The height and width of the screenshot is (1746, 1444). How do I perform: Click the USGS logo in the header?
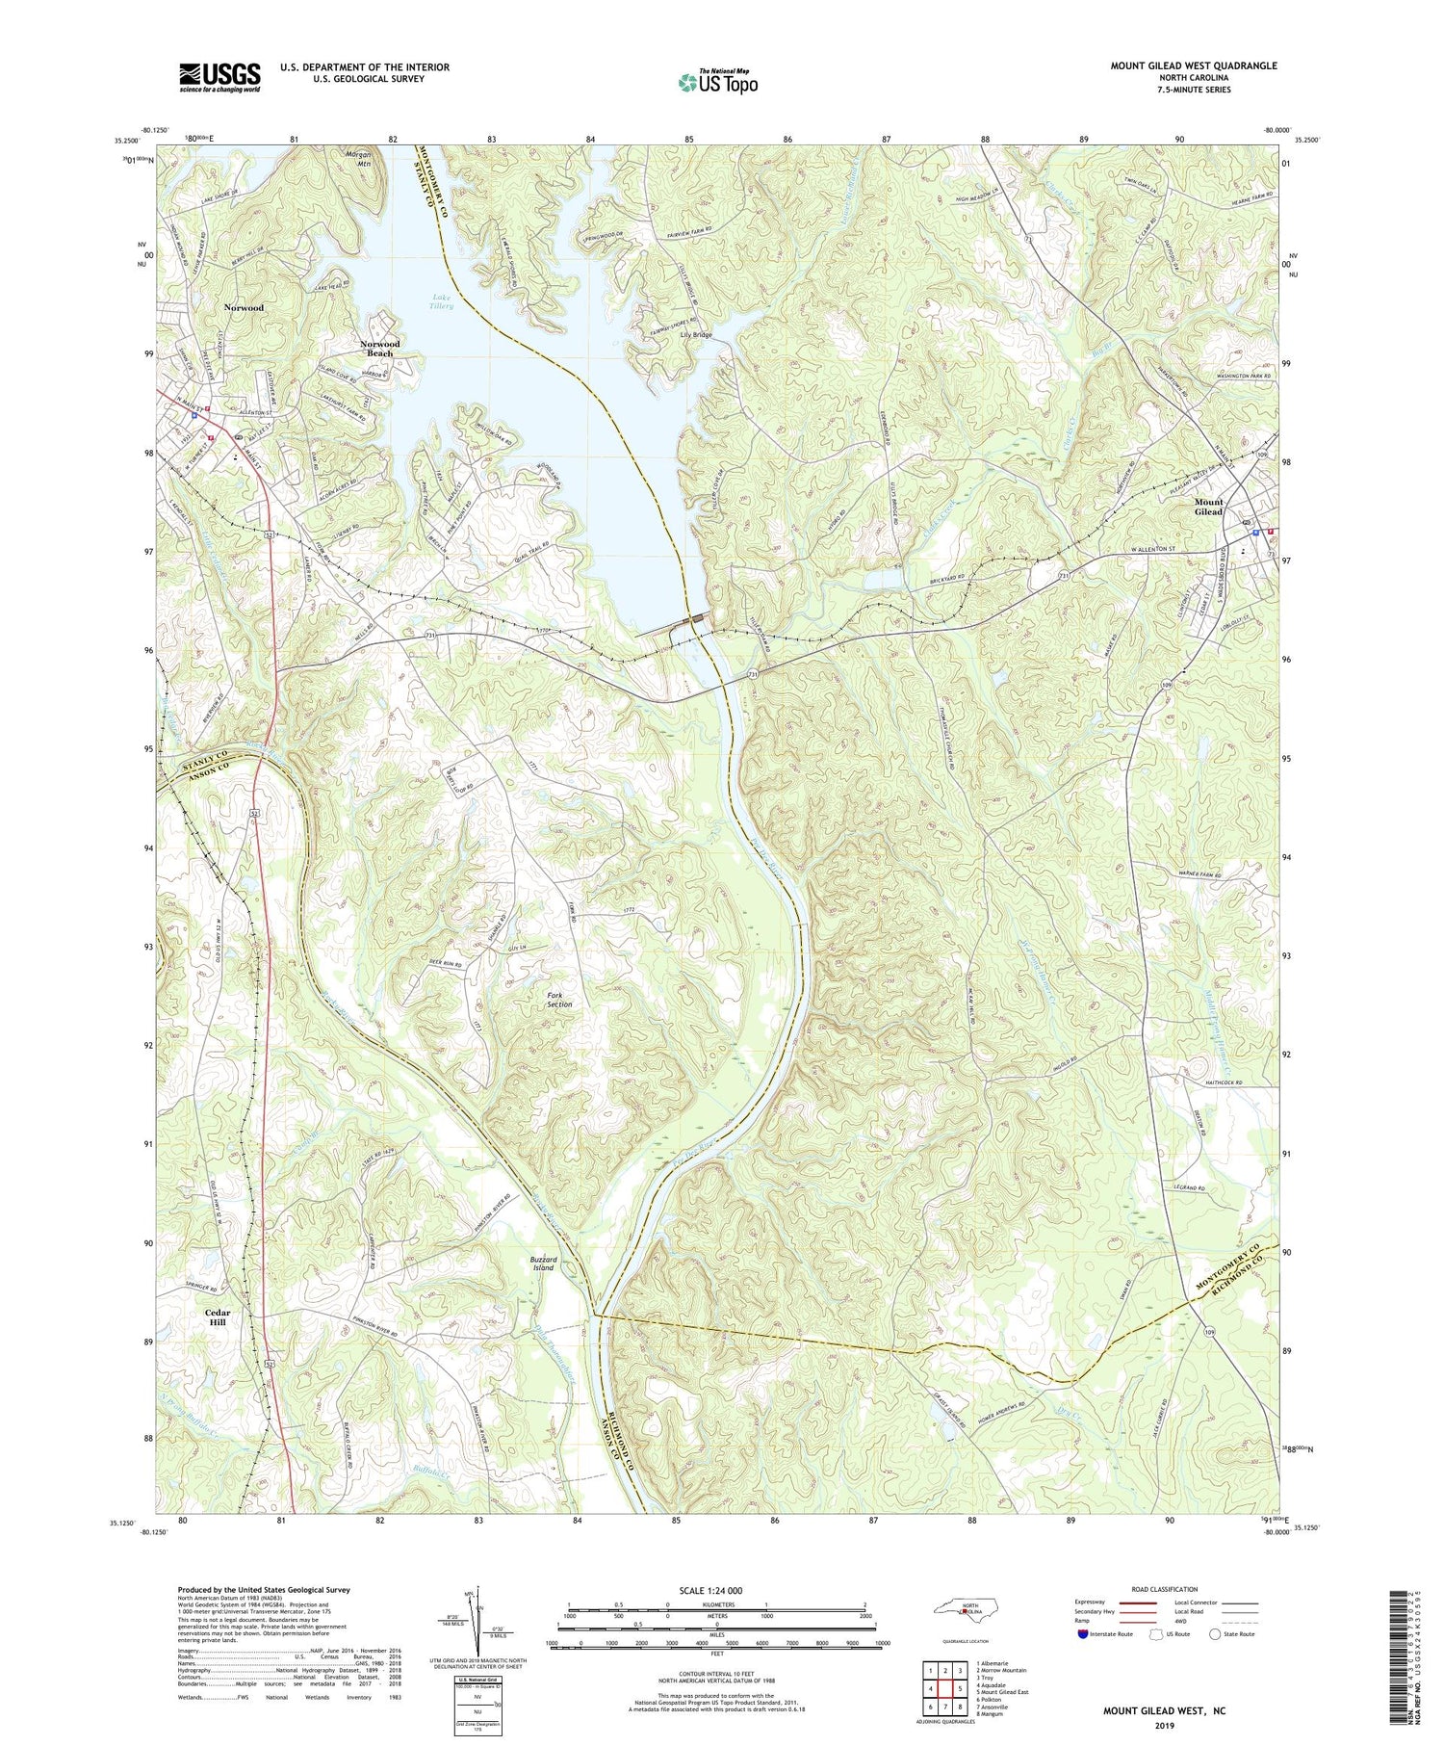coord(219,77)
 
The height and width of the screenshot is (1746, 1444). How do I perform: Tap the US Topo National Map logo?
coord(718,82)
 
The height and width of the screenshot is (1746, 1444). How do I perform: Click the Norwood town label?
coord(243,307)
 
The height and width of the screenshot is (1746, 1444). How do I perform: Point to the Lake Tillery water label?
coord(442,301)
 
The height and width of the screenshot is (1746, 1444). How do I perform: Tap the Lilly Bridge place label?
coord(696,335)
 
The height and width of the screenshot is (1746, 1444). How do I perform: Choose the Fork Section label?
coord(559,999)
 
